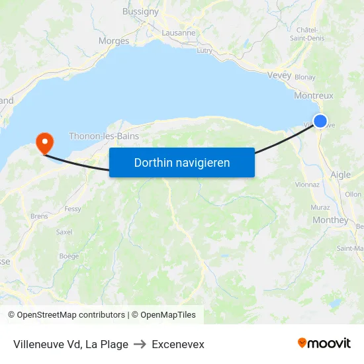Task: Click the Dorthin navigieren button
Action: pos(182,162)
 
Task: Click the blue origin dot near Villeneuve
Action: pos(320,121)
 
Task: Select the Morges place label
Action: pos(114,41)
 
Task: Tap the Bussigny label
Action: pos(140,11)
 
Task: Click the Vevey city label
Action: pos(279,75)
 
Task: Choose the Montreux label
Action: pos(314,95)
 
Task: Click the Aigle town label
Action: pos(340,175)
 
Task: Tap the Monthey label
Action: pos(330,220)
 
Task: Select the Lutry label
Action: pos(205,50)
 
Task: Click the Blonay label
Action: pos(305,77)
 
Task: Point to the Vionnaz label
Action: pos(307,185)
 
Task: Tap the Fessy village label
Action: pos(73,209)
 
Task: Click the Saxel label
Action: pos(64,232)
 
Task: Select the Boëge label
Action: pos(69,256)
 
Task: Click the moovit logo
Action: pos(324,343)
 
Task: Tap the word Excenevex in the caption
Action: pos(178,344)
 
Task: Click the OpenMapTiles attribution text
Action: pos(163,315)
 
